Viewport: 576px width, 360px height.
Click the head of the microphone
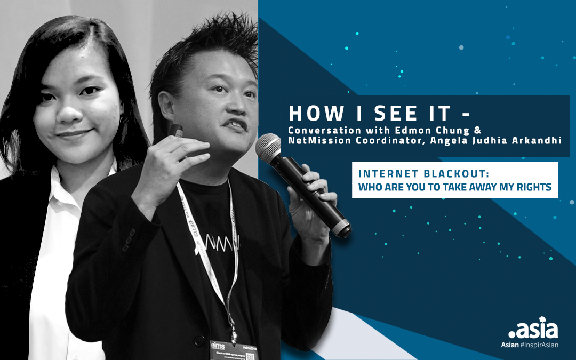tap(269, 146)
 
